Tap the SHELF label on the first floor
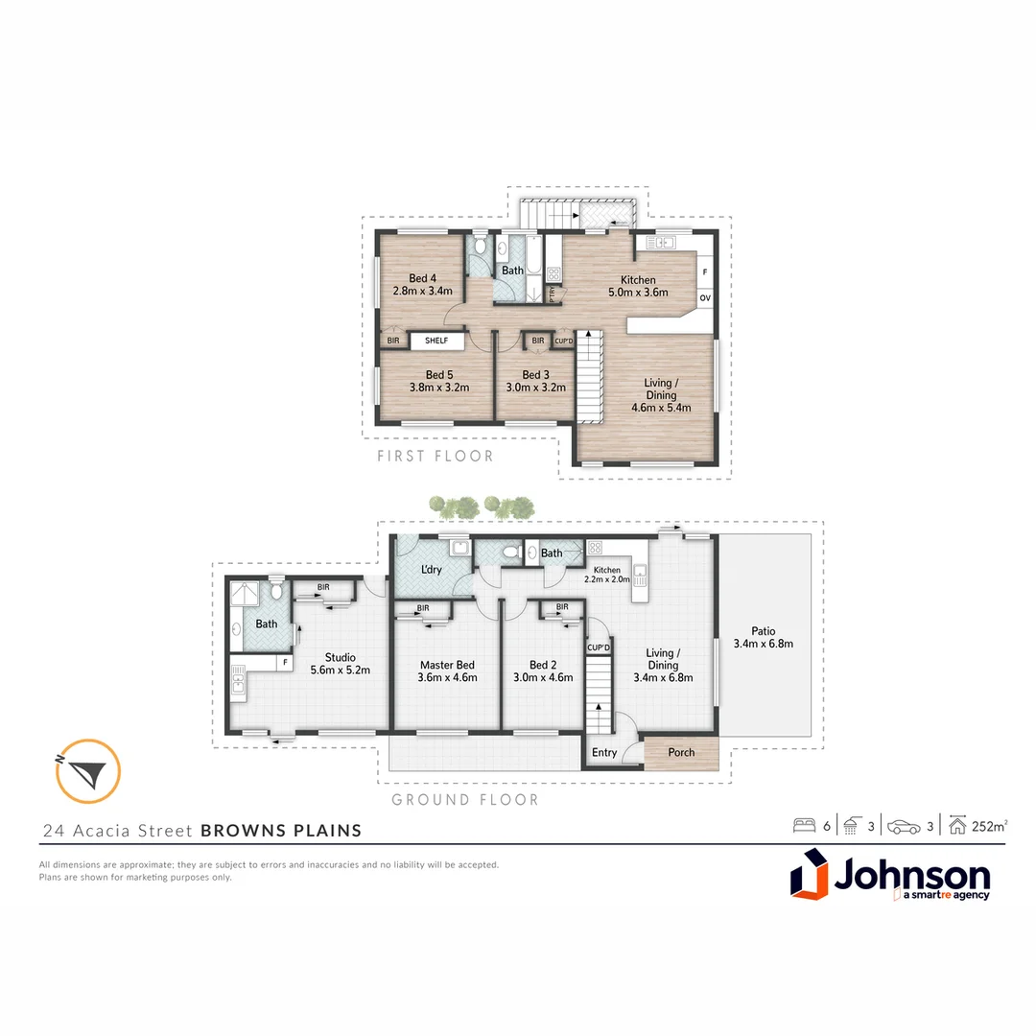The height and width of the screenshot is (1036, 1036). (436, 341)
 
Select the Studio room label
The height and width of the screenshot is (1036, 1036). (341, 657)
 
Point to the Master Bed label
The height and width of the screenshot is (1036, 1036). (447, 665)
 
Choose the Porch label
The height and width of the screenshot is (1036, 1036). (681, 752)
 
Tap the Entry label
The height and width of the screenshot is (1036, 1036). (604, 753)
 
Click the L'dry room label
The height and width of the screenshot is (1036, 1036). (432, 570)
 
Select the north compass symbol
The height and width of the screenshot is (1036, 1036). (88, 770)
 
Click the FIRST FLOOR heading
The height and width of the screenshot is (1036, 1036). (436, 457)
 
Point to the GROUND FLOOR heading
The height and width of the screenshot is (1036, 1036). (465, 799)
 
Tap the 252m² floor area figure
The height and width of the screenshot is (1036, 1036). (988, 825)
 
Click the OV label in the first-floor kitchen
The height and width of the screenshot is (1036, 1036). (705, 298)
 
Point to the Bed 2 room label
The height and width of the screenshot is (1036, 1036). (543, 665)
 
